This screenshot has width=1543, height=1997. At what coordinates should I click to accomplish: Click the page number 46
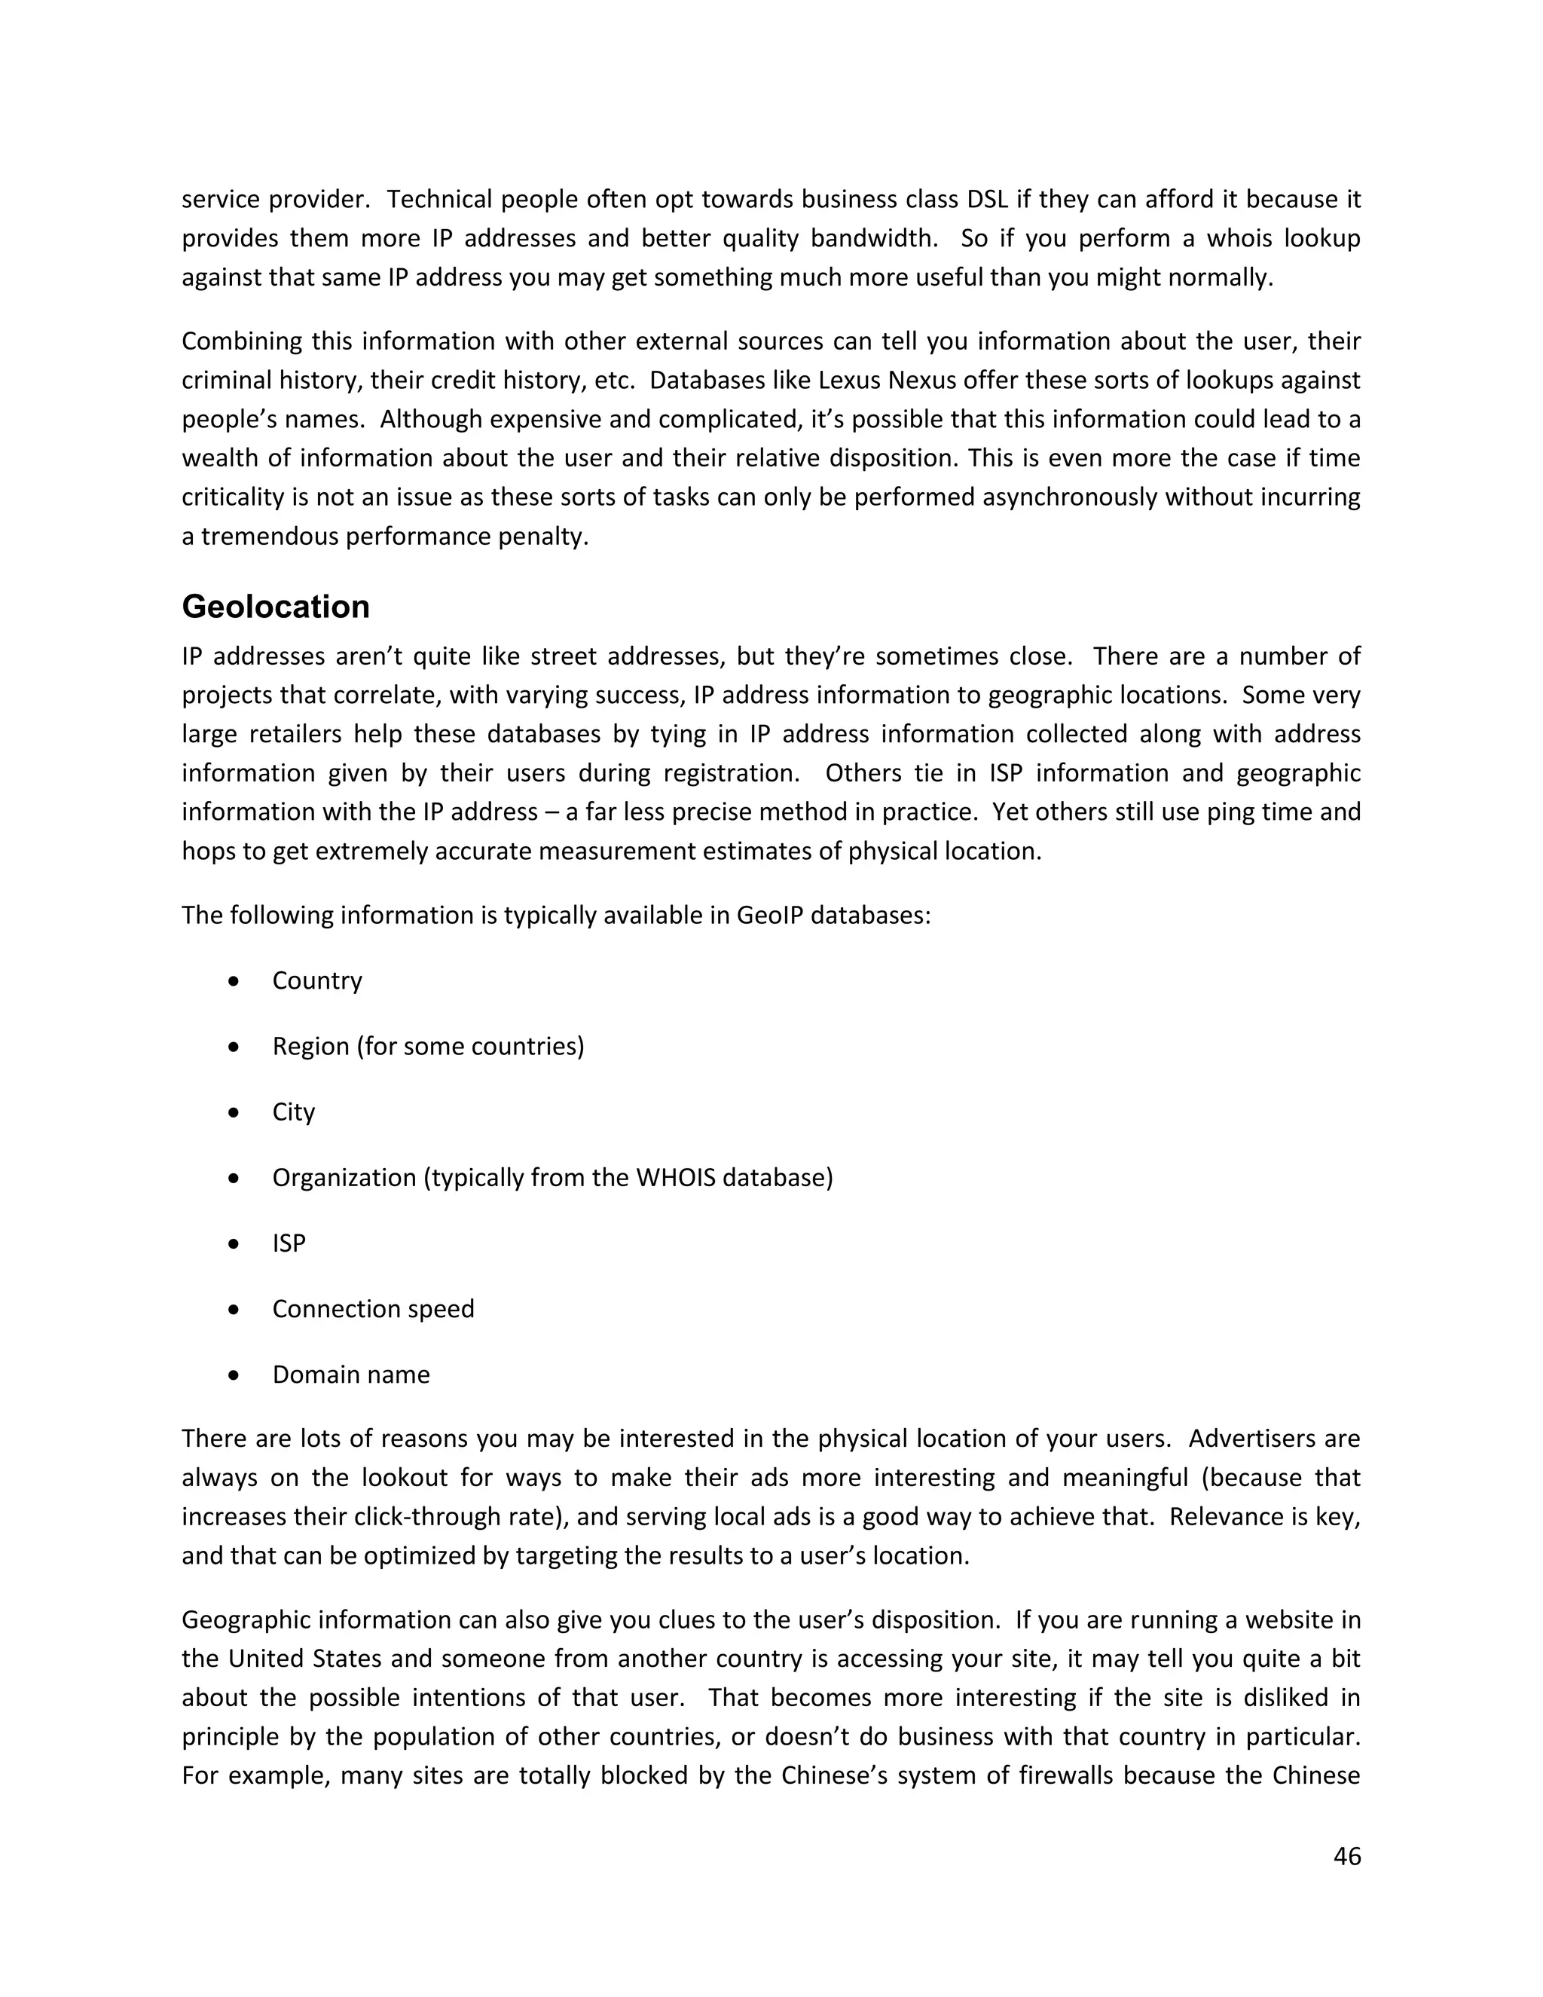click(1346, 1857)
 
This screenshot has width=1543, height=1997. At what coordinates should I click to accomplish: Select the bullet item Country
click(316, 981)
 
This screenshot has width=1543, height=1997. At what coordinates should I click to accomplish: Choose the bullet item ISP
click(288, 1243)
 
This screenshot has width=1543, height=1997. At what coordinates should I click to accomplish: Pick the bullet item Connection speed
click(373, 1310)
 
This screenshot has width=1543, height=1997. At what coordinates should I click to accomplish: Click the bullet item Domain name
click(350, 1375)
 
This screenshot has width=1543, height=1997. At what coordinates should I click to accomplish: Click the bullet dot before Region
click(235, 1047)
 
